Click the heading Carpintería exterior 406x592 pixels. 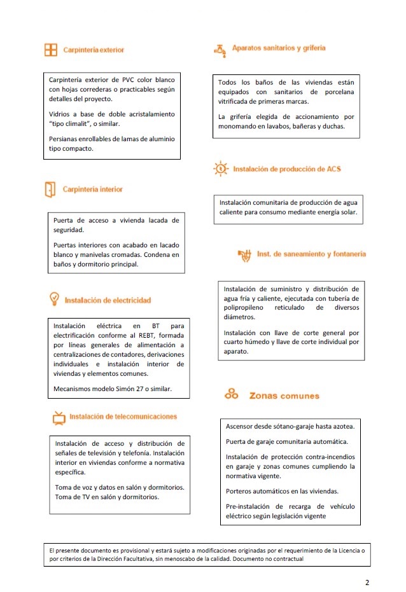coord(93,50)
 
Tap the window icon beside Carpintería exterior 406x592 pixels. coord(50,50)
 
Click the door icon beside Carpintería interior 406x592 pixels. coord(50,189)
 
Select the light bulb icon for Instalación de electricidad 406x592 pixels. coord(54,299)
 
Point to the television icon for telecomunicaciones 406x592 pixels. coord(58,418)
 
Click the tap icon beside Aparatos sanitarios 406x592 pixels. coord(220,50)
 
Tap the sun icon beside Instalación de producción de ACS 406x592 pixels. coord(220,169)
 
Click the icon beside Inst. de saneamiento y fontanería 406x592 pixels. coord(244,255)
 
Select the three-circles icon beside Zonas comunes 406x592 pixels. coord(231,394)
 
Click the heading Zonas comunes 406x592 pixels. coord(284,396)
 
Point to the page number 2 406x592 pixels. coord(367,582)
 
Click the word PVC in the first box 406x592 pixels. coord(130,79)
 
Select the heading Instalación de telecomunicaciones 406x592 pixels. coord(123,416)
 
